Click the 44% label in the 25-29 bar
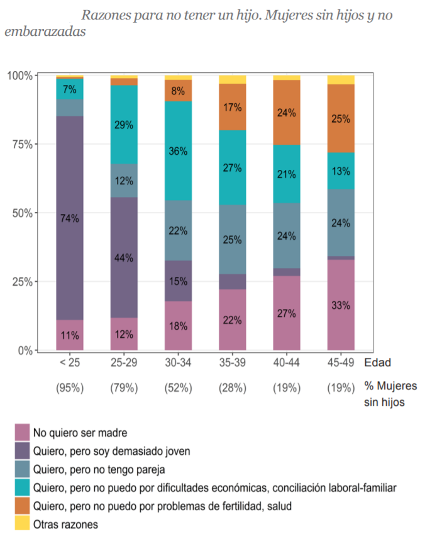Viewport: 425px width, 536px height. point(124,258)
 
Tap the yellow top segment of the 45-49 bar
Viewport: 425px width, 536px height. point(341,79)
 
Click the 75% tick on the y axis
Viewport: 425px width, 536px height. point(23,144)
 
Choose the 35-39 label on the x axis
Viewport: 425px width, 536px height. point(232,364)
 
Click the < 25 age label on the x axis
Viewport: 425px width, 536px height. point(69,364)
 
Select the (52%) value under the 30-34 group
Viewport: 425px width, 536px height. point(178,388)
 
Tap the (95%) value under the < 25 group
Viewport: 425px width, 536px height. point(69,388)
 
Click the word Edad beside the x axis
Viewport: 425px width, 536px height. point(377,363)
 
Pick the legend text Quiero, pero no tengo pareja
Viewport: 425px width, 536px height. point(103,469)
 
